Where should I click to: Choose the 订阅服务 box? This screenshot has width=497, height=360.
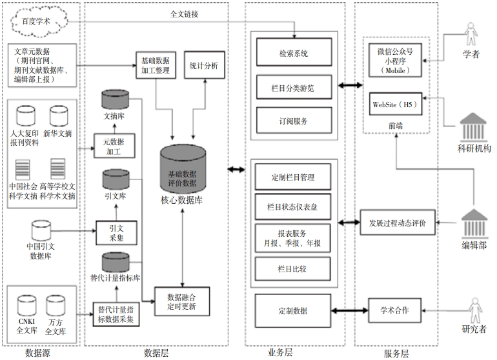tap(294, 120)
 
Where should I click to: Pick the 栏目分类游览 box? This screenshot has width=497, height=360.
tap(294, 85)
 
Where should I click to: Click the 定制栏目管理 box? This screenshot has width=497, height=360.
tap(294, 177)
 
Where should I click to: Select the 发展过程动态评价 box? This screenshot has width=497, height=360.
tap(397, 223)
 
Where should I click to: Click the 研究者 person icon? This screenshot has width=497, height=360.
tap(474, 310)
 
